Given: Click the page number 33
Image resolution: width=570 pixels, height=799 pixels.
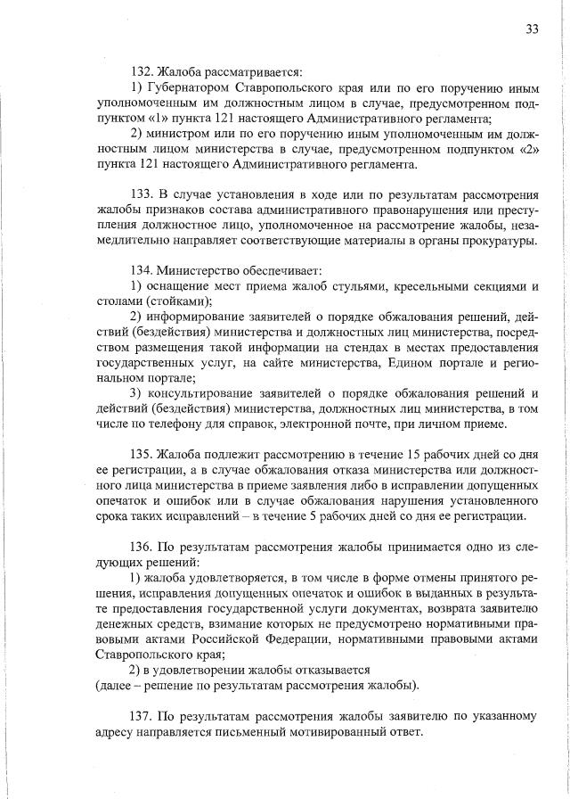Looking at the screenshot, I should click(532, 29).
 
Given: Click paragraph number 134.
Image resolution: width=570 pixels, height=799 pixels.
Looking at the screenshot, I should click(142, 270).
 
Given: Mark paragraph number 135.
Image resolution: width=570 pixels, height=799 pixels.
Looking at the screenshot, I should click(142, 470).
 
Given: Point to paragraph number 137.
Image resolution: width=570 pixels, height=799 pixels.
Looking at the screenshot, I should click(142, 716).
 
